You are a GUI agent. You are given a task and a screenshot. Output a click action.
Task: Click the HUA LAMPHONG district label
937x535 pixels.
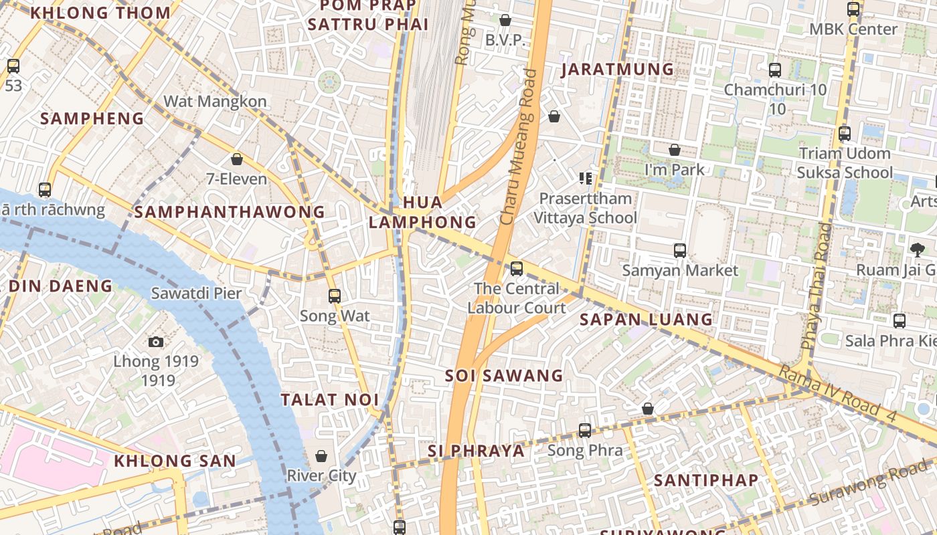click(422, 212)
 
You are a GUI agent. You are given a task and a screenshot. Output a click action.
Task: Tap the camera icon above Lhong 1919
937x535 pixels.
click(156, 342)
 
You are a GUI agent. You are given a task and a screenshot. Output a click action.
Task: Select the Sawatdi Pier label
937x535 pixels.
click(196, 293)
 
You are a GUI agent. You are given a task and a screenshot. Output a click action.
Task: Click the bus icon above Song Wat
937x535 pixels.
click(335, 296)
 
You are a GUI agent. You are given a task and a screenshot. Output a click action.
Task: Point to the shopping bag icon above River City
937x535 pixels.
click(321, 456)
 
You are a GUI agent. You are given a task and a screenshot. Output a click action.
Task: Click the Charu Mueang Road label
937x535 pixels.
click(519, 147)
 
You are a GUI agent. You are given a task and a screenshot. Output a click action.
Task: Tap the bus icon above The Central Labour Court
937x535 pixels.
click(517, 269)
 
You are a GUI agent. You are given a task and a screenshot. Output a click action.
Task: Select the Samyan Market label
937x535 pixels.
click(680, 270)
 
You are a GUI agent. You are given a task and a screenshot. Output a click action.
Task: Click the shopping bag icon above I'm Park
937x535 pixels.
click(675, 150)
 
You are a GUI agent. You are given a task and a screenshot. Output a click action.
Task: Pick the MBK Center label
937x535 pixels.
click(853, 29)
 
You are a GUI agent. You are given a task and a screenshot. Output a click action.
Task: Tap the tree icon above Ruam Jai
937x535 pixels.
click(917, 250)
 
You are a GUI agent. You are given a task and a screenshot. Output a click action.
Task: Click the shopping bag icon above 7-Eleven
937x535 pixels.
click(236, 159)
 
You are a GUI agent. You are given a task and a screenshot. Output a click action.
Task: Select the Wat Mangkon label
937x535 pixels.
click(215, 101)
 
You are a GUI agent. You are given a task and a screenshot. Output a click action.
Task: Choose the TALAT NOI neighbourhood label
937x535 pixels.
click(329, 400)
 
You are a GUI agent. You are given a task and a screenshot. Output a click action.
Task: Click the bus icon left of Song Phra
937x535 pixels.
click(585, 430)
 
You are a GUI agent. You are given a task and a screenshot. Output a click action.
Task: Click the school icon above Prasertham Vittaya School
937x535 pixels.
click(586, 178)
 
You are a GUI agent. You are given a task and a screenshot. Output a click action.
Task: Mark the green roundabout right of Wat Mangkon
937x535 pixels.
click(329, 82)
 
